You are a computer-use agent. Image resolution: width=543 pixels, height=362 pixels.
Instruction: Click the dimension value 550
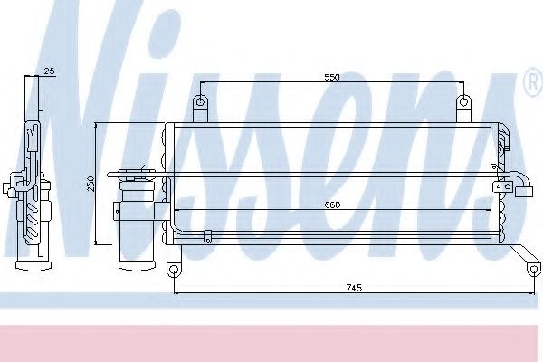pyautogui.click(x=332, y=77)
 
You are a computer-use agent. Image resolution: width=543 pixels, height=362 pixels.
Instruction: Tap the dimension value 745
pyautogui.click(x=354, y=288)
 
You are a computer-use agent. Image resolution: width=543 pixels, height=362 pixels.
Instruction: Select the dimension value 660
pyautogui.click(x=332, y=205)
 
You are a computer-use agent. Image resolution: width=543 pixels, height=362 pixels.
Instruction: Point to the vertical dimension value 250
pyautogui.click(x=90, y=184)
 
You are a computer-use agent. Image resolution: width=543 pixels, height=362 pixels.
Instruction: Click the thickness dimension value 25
pyautogui.click(x=50, y=71)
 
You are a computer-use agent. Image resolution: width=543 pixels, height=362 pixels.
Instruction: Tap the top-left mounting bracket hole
pyautogui.click(x=201, y=102)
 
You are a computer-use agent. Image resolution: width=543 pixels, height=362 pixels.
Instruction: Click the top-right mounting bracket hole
pyautogui.click(x=463, y=102)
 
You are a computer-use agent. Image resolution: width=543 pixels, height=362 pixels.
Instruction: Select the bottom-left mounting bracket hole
pyautogui.click(x=174, y=269)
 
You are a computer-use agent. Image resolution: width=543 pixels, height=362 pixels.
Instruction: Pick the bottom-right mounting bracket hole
pyautogui.click(x=534, y=269)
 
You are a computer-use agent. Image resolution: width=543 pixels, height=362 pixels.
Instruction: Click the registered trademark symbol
pyautogui.click(x=534, y=82)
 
